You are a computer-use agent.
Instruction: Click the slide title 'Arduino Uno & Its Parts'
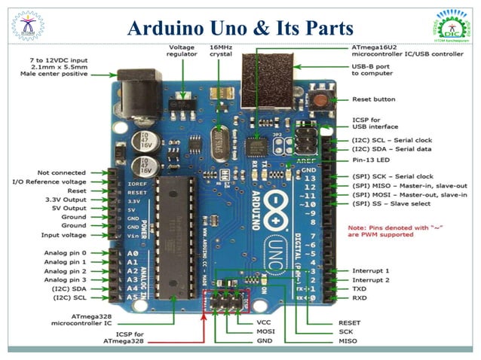(240, 28)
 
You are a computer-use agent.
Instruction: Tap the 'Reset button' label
(373, 99)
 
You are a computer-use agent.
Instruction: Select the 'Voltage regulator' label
(182, 51)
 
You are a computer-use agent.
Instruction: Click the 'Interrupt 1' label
(370, 270)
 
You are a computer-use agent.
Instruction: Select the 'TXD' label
(359, 288)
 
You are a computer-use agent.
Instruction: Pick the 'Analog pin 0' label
(65, 252)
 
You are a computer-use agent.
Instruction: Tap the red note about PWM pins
(380, 230)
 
